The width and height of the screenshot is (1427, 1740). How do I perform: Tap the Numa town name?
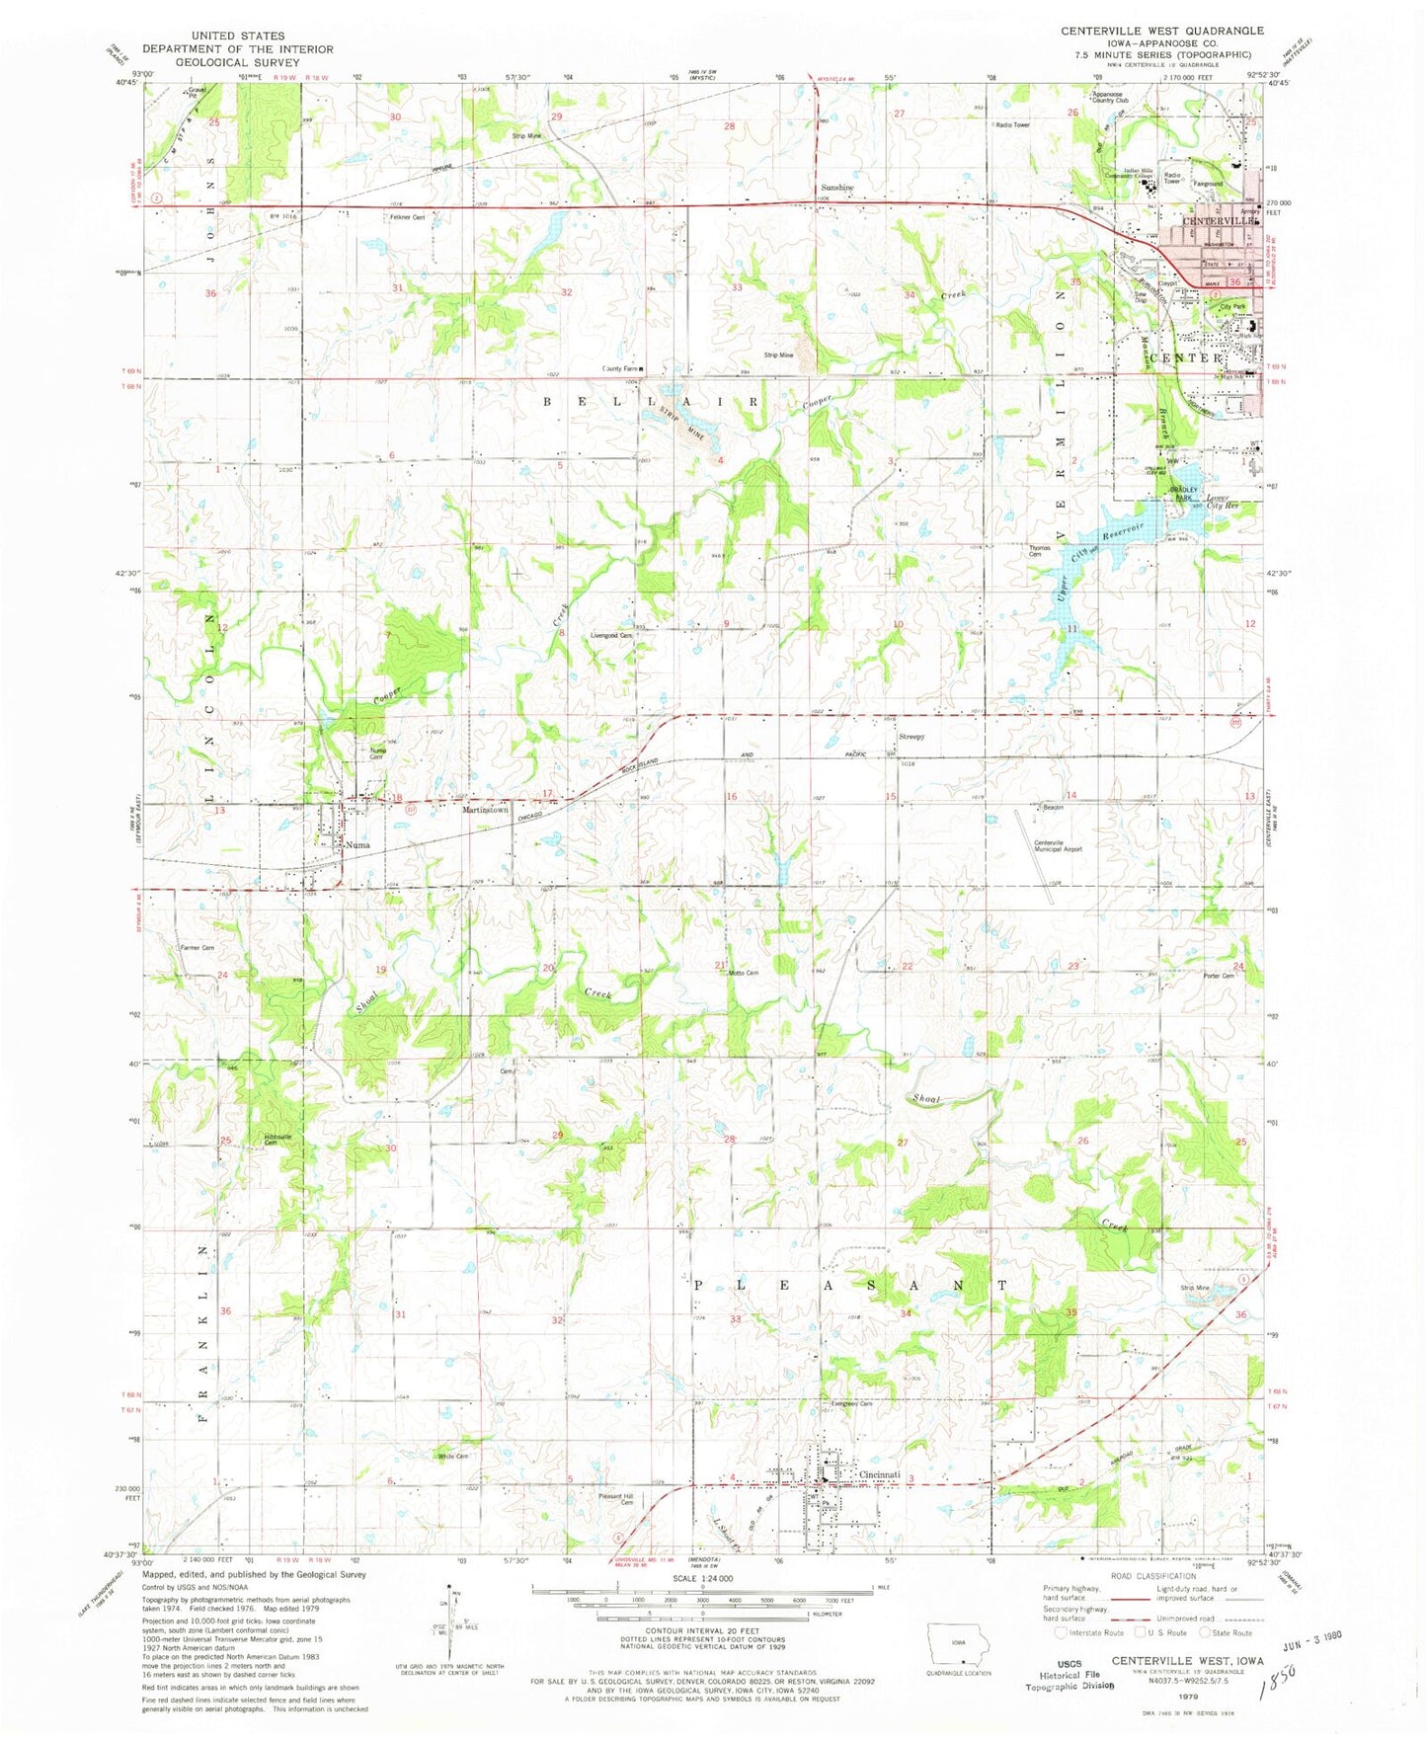click(357, 845)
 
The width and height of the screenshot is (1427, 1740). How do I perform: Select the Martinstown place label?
click(486, 810)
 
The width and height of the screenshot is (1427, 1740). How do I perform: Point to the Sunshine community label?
click(835, 188)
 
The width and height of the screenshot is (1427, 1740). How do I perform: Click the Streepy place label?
click(912, 737)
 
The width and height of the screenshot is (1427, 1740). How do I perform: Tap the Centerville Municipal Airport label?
click(1058, 846)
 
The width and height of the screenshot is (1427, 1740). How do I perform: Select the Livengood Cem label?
click(611, 636)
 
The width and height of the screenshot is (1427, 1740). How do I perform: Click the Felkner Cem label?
click(405, 216)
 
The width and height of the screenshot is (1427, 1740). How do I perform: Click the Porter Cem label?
click(1219, 977)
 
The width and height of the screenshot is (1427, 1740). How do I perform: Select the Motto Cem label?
click(744, 974)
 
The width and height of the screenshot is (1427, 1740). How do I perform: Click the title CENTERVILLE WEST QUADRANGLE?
click(1161, 31)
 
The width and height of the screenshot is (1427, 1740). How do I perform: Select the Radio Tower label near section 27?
click(1012, 125)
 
